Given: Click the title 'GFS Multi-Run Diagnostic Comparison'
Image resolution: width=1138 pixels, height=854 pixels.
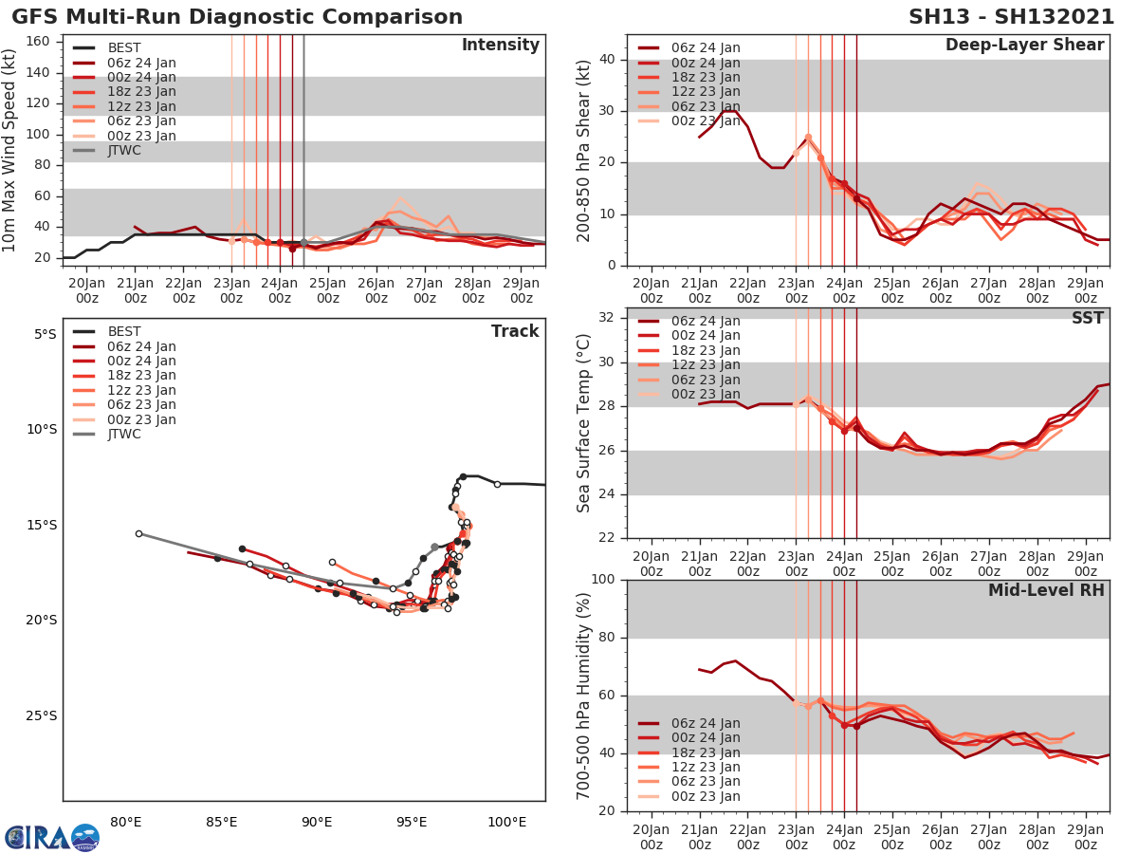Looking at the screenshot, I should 237,17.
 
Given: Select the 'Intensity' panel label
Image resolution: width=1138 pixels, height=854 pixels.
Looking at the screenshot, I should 500,46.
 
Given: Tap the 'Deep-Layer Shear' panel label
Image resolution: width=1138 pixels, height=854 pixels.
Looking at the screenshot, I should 1024,46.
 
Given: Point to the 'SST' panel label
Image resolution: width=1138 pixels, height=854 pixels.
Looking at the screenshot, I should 1088,318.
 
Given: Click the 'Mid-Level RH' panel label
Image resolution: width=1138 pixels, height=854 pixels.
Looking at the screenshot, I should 1046,590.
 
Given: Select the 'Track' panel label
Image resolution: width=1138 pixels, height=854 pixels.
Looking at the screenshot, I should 514,331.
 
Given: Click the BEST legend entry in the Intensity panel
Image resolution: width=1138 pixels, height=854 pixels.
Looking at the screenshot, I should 124,47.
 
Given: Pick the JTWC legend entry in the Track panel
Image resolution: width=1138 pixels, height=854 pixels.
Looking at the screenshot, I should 124,435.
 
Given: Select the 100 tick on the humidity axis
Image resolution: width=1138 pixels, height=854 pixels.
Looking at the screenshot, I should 604,580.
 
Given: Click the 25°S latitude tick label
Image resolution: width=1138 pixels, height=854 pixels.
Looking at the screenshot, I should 43,715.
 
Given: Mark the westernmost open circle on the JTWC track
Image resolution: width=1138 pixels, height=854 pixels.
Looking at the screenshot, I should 138,533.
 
